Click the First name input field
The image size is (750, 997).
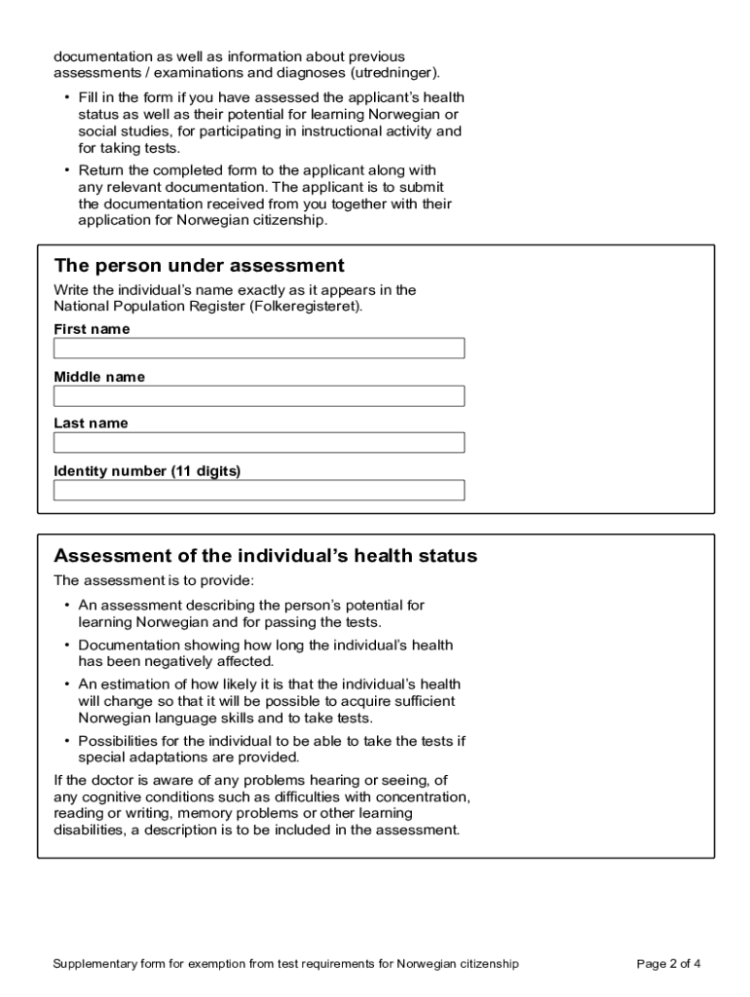259,349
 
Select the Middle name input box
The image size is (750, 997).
259,396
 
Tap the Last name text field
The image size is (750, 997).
259,443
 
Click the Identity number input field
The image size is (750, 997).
259,490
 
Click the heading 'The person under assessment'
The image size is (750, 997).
199,266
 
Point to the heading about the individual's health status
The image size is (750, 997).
265,556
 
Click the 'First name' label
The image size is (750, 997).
92,329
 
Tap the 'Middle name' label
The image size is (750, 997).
99,377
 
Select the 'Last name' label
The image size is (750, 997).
91,424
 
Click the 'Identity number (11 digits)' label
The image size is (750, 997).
147,471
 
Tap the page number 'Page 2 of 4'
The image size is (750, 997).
668,964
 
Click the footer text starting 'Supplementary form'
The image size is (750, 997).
286,964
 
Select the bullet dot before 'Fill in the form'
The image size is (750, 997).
66,97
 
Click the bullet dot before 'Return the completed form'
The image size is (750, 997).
66,170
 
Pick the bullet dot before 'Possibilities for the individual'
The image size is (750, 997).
66,741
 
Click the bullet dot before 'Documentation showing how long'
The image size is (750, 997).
66,645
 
